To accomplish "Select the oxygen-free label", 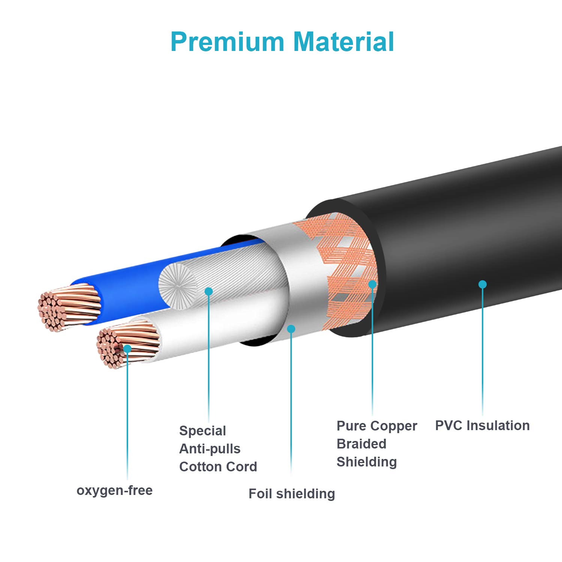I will (115, 490).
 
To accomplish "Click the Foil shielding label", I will (291, 494).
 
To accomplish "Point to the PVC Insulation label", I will (482, 426).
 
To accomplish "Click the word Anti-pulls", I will (210, 449).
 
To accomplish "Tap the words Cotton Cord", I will (218, 467).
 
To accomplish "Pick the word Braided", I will (361, 444).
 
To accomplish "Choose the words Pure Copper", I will (377, 426).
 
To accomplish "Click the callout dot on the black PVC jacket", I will (483, 284).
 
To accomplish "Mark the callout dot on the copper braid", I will (372, 284).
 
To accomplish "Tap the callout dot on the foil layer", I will (291, 329).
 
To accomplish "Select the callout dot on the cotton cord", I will (209, 291).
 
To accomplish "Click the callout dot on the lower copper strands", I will (127, 349).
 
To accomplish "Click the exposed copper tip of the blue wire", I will (69, 307).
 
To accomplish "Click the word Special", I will (202, 431).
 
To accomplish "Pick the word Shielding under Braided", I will (366, 462).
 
